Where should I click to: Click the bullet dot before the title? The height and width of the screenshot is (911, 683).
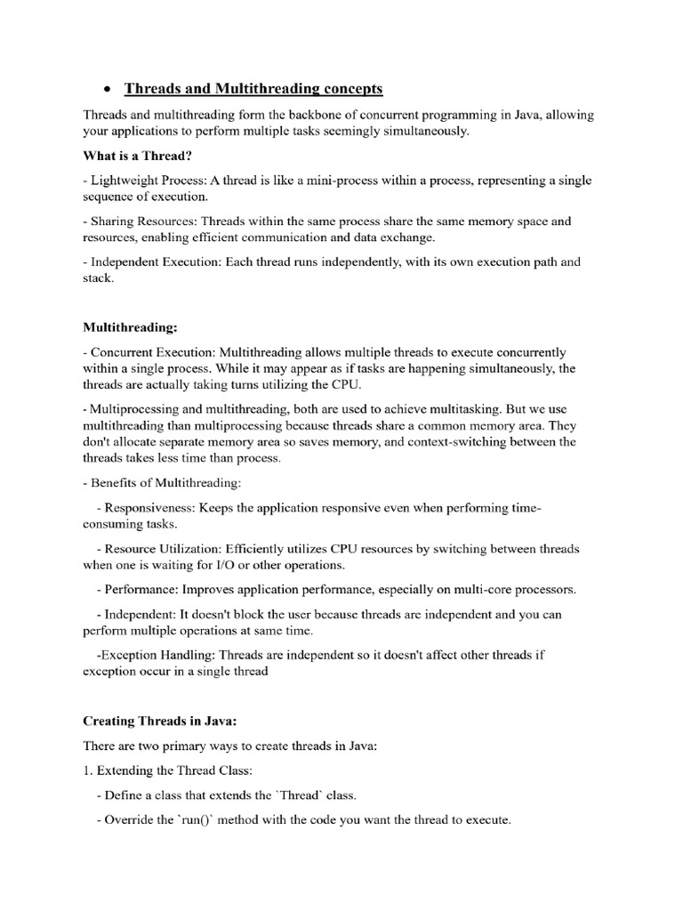coord(106,90)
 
